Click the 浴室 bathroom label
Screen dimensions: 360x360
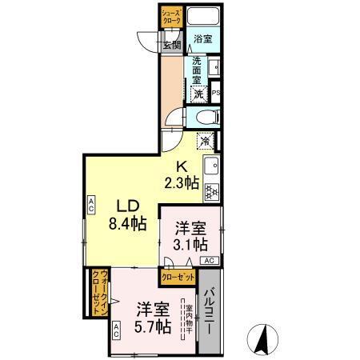pyautogui.click(x=202, y=38)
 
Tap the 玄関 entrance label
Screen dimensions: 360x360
pyautogui.click(x=172, y=44)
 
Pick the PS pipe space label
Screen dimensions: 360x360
pyautogui.click(x=215, y=93)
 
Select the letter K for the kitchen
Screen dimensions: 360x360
pyautogui.click(x=182, y=166)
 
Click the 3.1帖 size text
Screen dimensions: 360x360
pyautogui.click(x=190, y=243)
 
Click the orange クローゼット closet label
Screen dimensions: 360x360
pyautogui.click(x=178, y=277)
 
